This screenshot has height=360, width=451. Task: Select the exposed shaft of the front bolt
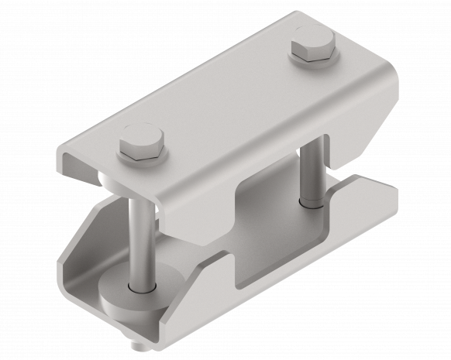click(138, 240)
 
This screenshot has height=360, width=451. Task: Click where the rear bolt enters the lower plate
click(312, 205)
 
